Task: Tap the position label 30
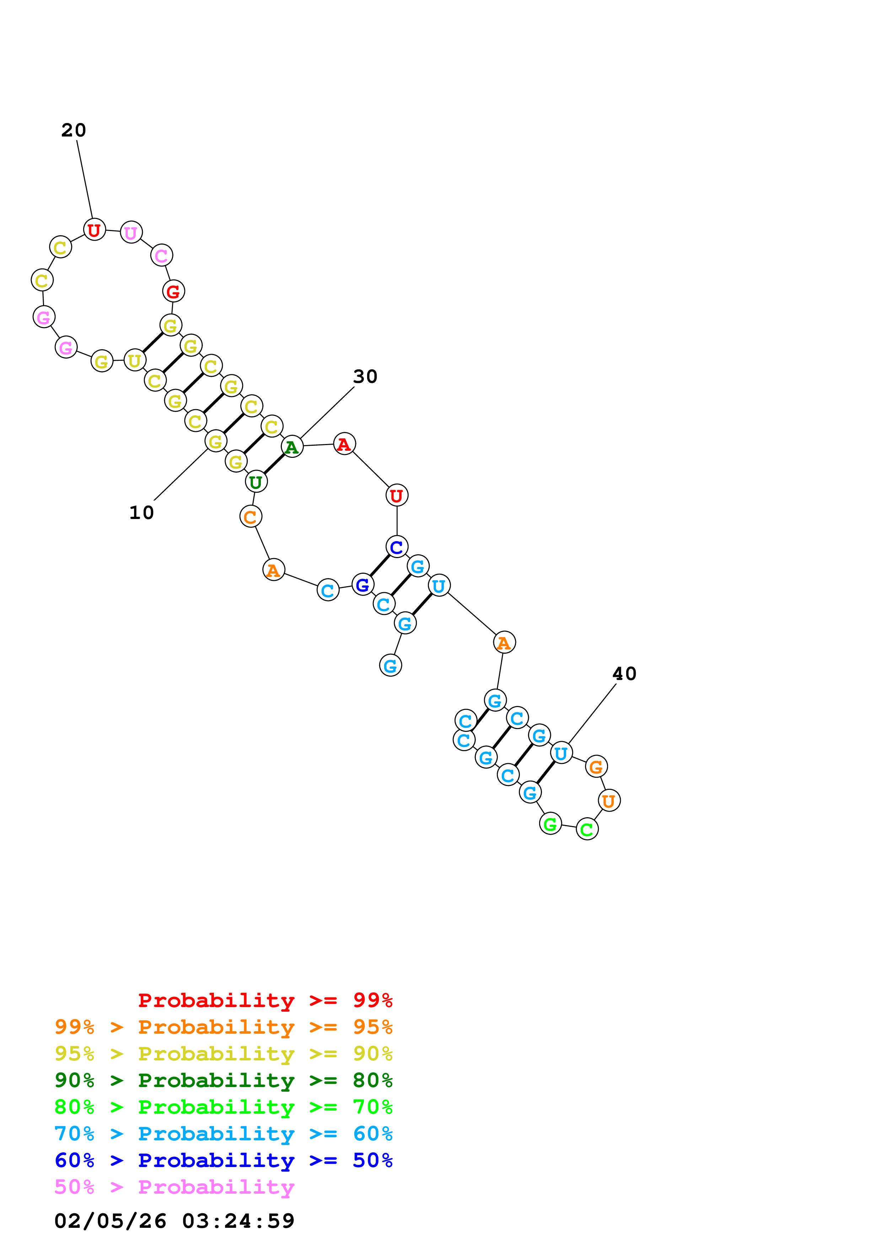click(x=365, y=376)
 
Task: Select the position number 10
click(x=142, y=513)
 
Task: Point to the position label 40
click(x=624, y=674)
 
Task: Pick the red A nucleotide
click(x=344, y=444)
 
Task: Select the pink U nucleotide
click(x=131, y=232)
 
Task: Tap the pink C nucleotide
click(x=161, y=255)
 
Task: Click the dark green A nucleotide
click(x=292, y=447)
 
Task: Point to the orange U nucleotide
click(x=609, y=801)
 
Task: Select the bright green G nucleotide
click(x=550, y=824)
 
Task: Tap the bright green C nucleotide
click(x=587, y=829)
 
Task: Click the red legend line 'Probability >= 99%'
click(x=265, y=1000)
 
